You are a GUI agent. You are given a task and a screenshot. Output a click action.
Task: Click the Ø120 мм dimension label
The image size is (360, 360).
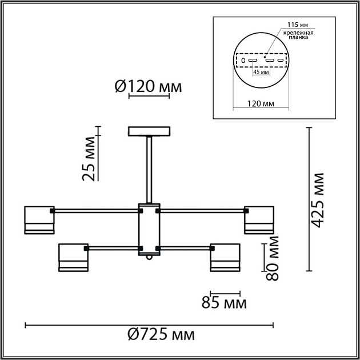148,87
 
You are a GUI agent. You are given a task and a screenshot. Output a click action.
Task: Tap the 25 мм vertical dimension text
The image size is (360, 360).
89,159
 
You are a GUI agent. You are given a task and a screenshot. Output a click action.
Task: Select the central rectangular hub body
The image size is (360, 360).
149,229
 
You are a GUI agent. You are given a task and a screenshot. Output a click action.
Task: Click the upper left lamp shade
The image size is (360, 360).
39,220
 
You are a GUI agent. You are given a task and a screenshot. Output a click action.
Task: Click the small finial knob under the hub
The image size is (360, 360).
149,258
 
